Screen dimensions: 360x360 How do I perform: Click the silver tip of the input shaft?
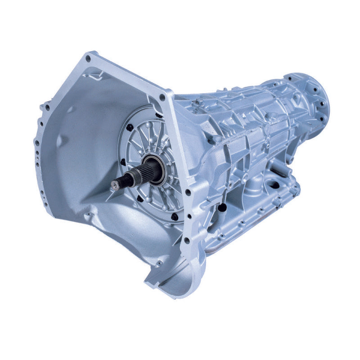[x=116, y=184]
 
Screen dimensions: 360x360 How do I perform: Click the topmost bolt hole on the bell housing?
[x=88, y=58]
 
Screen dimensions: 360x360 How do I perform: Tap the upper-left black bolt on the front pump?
[x=130, y=128]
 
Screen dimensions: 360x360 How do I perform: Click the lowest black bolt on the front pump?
[x=175, y=216]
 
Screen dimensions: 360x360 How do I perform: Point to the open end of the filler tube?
[x=222, y=208]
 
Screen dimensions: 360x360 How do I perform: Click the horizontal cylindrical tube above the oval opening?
[x=280, y=171]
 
